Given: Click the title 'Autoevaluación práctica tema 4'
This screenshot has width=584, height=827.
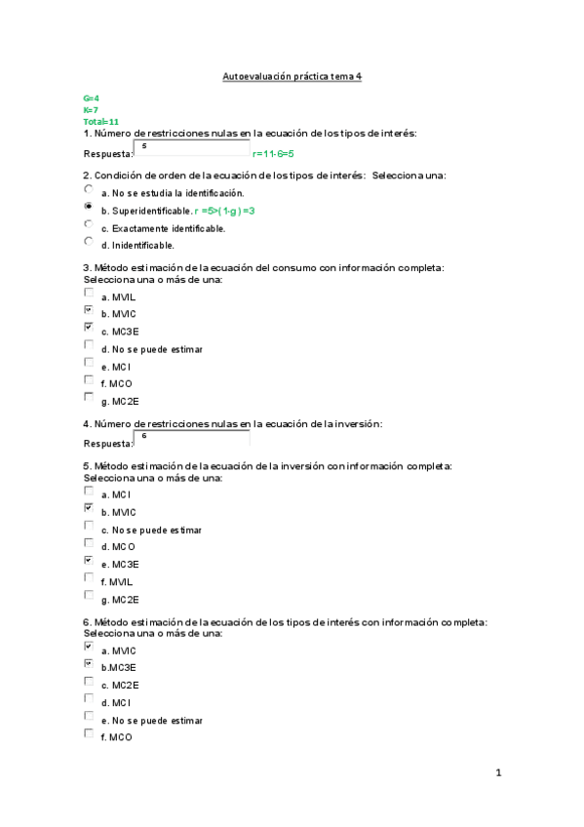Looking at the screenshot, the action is point(292,75).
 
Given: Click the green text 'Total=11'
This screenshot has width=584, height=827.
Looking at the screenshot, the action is point(100,121).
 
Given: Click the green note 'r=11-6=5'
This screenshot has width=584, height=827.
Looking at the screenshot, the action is point(273,154).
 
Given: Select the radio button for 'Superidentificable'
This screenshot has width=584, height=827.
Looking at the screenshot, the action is point(89,207).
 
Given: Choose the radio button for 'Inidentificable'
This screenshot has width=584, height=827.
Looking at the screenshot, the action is point(89,241).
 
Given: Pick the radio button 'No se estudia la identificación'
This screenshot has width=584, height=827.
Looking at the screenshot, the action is point(89,189).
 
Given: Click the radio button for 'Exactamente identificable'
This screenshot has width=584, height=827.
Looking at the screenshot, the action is point(89,224).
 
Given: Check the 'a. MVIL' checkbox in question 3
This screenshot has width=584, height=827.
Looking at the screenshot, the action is point(89,292).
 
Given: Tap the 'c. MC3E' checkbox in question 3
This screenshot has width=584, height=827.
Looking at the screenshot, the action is point(89,328).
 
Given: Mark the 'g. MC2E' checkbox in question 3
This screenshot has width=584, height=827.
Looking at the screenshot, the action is point(89,397).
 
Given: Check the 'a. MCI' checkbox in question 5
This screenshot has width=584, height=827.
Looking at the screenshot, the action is point(89,492).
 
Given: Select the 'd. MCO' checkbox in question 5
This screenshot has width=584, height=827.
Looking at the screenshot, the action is point(89,543).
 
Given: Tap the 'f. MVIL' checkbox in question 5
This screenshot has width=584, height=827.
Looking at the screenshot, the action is point(89,577).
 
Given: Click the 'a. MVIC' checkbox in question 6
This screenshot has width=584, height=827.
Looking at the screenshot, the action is point(89,647).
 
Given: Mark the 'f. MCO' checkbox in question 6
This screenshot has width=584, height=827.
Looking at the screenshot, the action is point(89,733).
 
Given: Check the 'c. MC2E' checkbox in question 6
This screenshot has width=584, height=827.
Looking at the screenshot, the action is point(89,682).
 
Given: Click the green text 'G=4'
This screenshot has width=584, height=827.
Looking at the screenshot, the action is point(91,99).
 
